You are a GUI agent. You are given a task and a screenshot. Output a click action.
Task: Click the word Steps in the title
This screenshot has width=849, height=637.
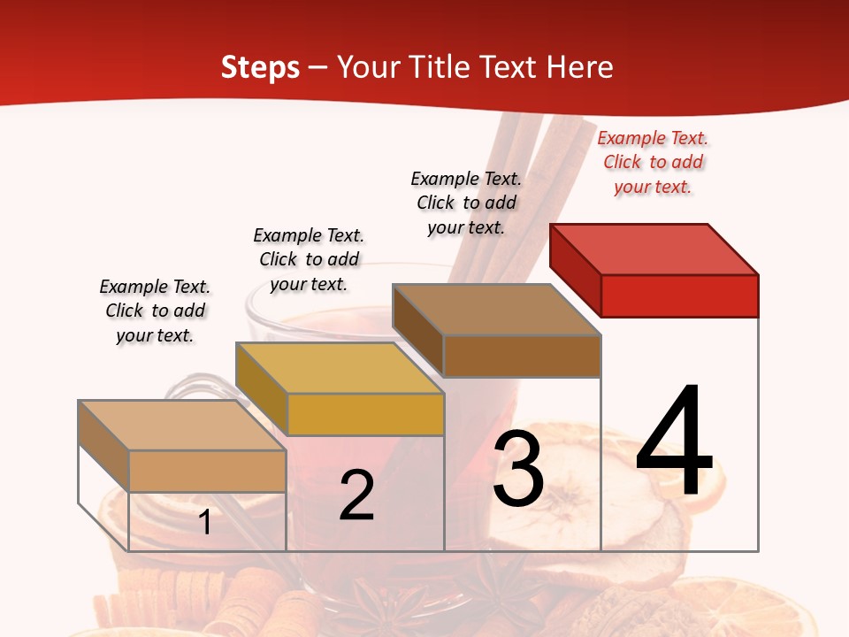tap(260, 67)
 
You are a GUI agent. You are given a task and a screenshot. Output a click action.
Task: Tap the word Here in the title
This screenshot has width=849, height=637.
tap(579, 67)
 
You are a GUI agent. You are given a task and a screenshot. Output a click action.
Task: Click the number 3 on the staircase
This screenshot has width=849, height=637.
tap(518, 471)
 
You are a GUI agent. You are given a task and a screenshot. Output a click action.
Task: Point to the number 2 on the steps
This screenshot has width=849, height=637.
tap(356, 495)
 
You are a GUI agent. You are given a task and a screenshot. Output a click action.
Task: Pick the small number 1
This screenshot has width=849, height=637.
tap(205, 522)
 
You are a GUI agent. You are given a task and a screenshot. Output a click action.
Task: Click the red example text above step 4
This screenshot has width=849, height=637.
tap(653, 162)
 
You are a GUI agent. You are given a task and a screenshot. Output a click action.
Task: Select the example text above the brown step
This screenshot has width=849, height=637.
tap(466, 203)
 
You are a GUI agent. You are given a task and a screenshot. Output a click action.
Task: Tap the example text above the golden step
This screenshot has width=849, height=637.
tap(309, 259)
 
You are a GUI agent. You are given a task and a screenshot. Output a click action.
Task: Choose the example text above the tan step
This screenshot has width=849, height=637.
tap(155, 311)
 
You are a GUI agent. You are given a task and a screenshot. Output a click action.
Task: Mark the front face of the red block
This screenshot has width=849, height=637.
tap(679, 295)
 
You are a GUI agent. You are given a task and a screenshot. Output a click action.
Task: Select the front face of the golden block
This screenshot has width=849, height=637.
tap(365, 414)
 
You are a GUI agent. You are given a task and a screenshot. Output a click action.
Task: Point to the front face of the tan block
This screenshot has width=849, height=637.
tap(207, 471)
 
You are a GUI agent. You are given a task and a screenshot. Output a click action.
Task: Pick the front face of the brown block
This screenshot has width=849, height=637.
tap(522, 356)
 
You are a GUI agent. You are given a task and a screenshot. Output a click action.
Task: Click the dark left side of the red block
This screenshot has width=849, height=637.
tap(575, 270)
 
